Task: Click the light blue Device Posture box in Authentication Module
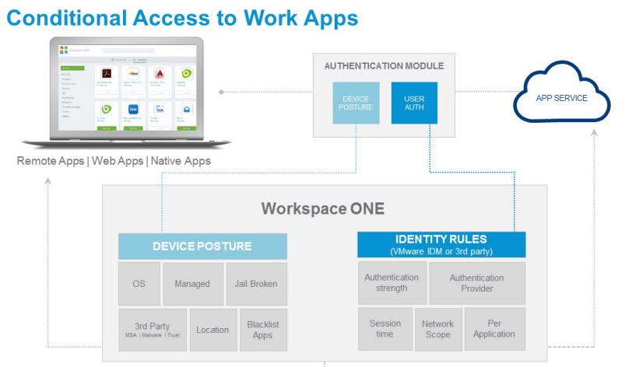(x=356, y=103)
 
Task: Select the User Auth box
(x=414, y=103)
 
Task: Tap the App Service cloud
(x=561, y=99)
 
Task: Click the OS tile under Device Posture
(x=139, y=283)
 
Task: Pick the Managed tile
(x=192, y=283)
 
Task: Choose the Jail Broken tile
(x=256, y=283)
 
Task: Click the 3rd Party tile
(x=152, y=330)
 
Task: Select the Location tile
(x=212, y=330)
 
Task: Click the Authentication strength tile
(x=392, y=283)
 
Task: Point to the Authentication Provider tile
(x=476, y=283)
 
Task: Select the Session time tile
(x=384, y=329)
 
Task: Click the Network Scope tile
(x=437, y=329)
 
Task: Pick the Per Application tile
(x=494, y=329)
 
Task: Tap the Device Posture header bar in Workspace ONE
(x=202, y=246)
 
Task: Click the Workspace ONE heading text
(x=323, y=208)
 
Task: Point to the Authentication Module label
(x=384, y=66)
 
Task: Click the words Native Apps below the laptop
(x=181, y=161)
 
